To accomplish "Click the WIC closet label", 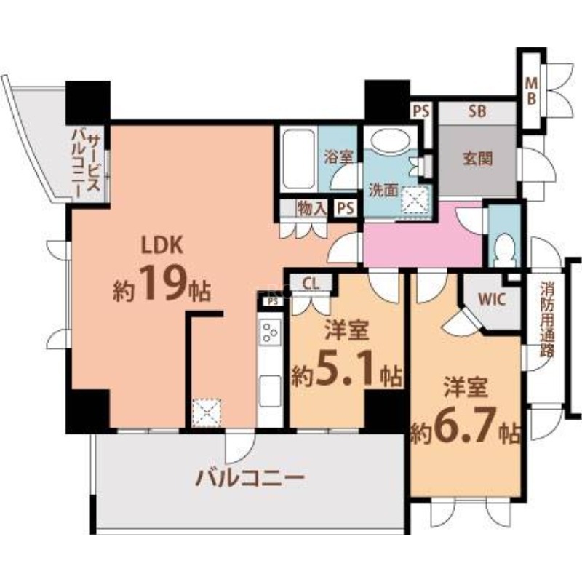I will (x=492, y=298).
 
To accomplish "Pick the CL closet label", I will (x=310, y=284).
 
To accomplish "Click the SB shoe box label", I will (x=477, y=112).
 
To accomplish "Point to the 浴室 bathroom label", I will (x=338, y=155).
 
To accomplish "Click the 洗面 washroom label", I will (x=383, y=191).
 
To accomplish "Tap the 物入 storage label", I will (x=311, y=208).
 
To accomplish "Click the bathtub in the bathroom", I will (x=298, y=160).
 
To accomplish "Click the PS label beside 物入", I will (x=345, y=207).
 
